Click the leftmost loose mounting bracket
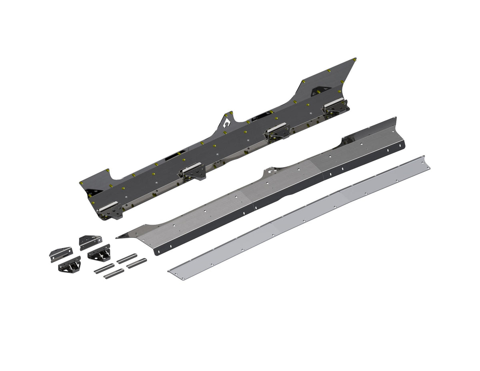61,254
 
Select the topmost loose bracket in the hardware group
90,241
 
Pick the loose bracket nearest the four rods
99,253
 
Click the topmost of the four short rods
127,258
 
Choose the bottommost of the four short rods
114,274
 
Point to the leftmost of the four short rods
104,269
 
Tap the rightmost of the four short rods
136,263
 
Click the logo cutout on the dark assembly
227,122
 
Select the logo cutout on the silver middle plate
273,171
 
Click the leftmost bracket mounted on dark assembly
110,209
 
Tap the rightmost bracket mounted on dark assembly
335,107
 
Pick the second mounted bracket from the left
193,171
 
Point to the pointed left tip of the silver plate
118,237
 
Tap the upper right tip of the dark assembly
354,60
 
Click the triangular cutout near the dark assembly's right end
321,89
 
